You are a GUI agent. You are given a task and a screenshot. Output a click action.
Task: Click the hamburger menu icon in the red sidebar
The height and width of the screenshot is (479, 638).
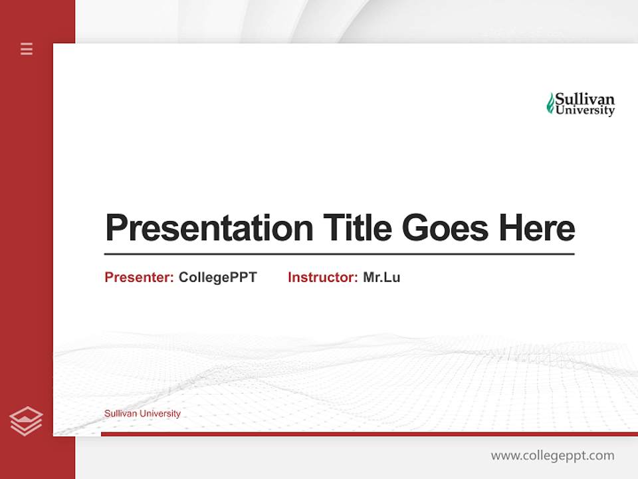(x=27, y=49)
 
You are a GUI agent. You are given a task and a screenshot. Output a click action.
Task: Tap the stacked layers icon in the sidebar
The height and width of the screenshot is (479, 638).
(x=27, y=421)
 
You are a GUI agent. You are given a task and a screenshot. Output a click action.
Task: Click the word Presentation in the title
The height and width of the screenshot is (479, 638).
(x=209, y=228)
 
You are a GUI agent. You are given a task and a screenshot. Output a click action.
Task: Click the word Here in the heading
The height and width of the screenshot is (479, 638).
(x=537, y=228)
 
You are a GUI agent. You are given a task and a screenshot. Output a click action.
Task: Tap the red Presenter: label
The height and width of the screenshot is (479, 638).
(x=139, y=277)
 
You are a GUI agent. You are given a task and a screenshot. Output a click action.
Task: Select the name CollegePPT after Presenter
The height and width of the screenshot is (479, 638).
(x=217, y=277)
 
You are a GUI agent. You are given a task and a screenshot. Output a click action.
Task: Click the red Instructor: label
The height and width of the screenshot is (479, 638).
(x=322, y=277)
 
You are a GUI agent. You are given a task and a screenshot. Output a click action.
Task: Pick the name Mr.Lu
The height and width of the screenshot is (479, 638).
(x=381, y=277)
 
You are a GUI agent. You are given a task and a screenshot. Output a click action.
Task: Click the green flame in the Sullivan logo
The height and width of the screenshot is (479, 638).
(x=550, y=103)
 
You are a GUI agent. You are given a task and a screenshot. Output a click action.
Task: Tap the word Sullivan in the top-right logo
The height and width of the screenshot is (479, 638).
(x=585, y=99)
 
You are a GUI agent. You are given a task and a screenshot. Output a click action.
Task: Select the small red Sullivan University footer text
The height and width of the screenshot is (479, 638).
(x=142, y=414)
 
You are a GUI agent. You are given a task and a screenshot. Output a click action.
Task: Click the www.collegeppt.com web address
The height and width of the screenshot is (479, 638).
(x=552, y=456)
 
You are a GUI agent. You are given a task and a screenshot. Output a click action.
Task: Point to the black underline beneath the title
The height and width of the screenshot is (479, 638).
(x=339, y=253)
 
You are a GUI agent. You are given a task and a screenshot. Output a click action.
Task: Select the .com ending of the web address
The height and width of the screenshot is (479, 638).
(x=601, y=456)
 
